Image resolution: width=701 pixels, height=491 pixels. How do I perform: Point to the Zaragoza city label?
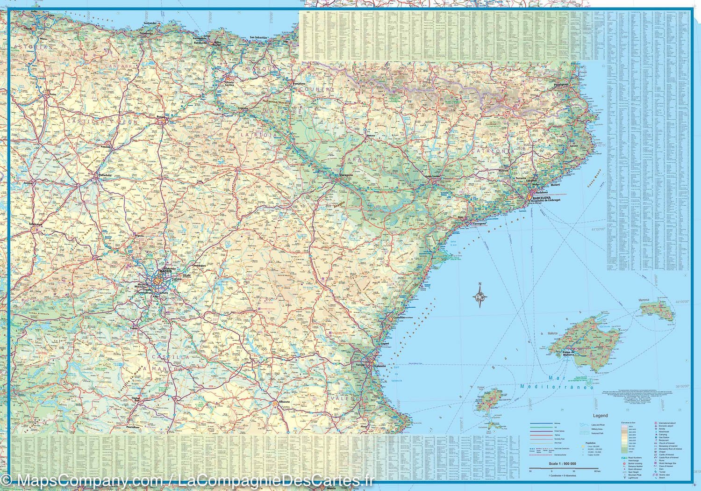(x=345, y=176)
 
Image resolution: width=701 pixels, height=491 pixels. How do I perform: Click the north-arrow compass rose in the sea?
(x=480, y=296)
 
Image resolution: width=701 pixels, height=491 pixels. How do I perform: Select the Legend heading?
(x=601, y=415)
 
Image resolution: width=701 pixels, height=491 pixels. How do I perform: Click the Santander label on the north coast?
(x=150, y=22)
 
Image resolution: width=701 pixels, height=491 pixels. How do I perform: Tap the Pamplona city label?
(x=299, y=84)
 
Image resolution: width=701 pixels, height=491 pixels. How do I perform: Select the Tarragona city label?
(x=479, y=224)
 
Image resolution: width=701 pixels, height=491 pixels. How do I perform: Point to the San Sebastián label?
(x=258, y=37)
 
